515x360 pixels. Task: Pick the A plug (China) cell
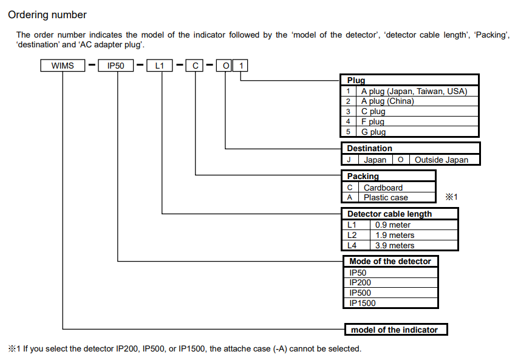(x=387, y=101)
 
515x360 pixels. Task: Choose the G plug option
(x=373, y=132)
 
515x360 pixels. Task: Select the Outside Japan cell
(x=442, y=160)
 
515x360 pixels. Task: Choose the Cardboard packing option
(x=383, y=188)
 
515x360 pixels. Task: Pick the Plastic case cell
(x=386, y=197)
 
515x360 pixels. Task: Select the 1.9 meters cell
(x=395, y=235)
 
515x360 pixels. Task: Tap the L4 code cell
(x=352, y=245)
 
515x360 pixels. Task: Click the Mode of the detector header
(x=390, y=261)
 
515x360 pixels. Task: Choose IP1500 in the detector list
(x=363, y=303)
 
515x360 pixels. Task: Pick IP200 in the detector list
(x=360, y=282)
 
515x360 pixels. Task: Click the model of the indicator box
(x=395, y=330)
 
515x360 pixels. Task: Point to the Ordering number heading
(x=47, y=15)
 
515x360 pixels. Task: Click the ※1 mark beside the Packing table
(x=451, y=197)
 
